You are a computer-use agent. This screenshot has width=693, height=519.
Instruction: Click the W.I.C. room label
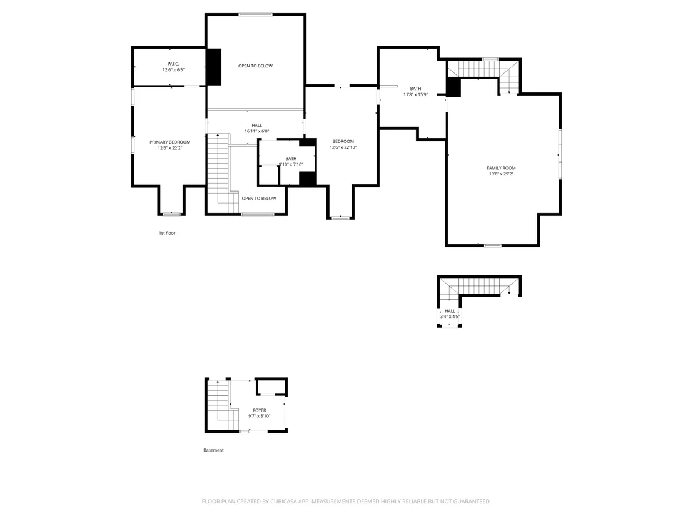click(173, 64)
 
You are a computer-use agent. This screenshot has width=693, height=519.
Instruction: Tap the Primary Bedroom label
click(169, 142)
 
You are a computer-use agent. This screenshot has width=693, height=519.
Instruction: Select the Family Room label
click(501, 168)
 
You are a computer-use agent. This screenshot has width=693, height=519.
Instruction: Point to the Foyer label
click(260, 410)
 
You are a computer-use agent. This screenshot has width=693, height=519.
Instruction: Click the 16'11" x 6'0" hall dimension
click(257, 131)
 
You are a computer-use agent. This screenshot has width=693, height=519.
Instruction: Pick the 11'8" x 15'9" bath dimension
click(415, 94)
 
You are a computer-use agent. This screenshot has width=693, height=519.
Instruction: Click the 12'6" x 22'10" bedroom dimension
click(343, 147)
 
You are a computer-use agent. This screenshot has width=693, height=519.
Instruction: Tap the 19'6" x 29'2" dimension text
click(501, 174)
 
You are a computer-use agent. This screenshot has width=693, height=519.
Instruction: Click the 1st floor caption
click(167, 233)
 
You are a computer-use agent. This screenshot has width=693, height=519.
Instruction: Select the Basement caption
click(213, 450)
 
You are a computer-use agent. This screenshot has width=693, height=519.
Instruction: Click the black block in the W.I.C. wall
click(214, 67)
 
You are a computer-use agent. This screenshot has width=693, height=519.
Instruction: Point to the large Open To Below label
click(255, 66)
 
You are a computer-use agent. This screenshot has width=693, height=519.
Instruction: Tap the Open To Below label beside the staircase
click(259, 199)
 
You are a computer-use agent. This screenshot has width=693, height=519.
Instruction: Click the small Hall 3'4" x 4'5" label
click(450, 314)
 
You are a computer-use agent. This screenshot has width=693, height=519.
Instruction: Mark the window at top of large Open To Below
click(255, 14)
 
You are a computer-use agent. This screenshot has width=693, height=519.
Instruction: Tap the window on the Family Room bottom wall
click(492, 245)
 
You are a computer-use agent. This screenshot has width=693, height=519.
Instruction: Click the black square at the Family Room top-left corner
click(453, 87)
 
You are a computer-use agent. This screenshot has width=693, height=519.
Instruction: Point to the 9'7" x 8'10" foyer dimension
click(260, 416)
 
